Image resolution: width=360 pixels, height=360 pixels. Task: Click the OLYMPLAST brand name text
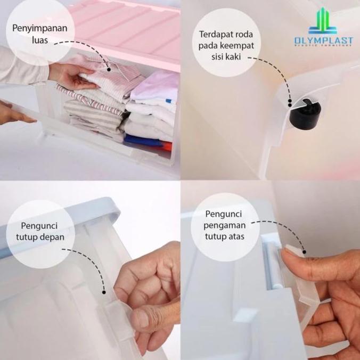click(x=323, y=40)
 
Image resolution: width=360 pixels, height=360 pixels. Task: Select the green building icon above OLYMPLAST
click(x=323, y=21)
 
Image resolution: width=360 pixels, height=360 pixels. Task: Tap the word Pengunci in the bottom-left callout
click(x=40, y=226)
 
